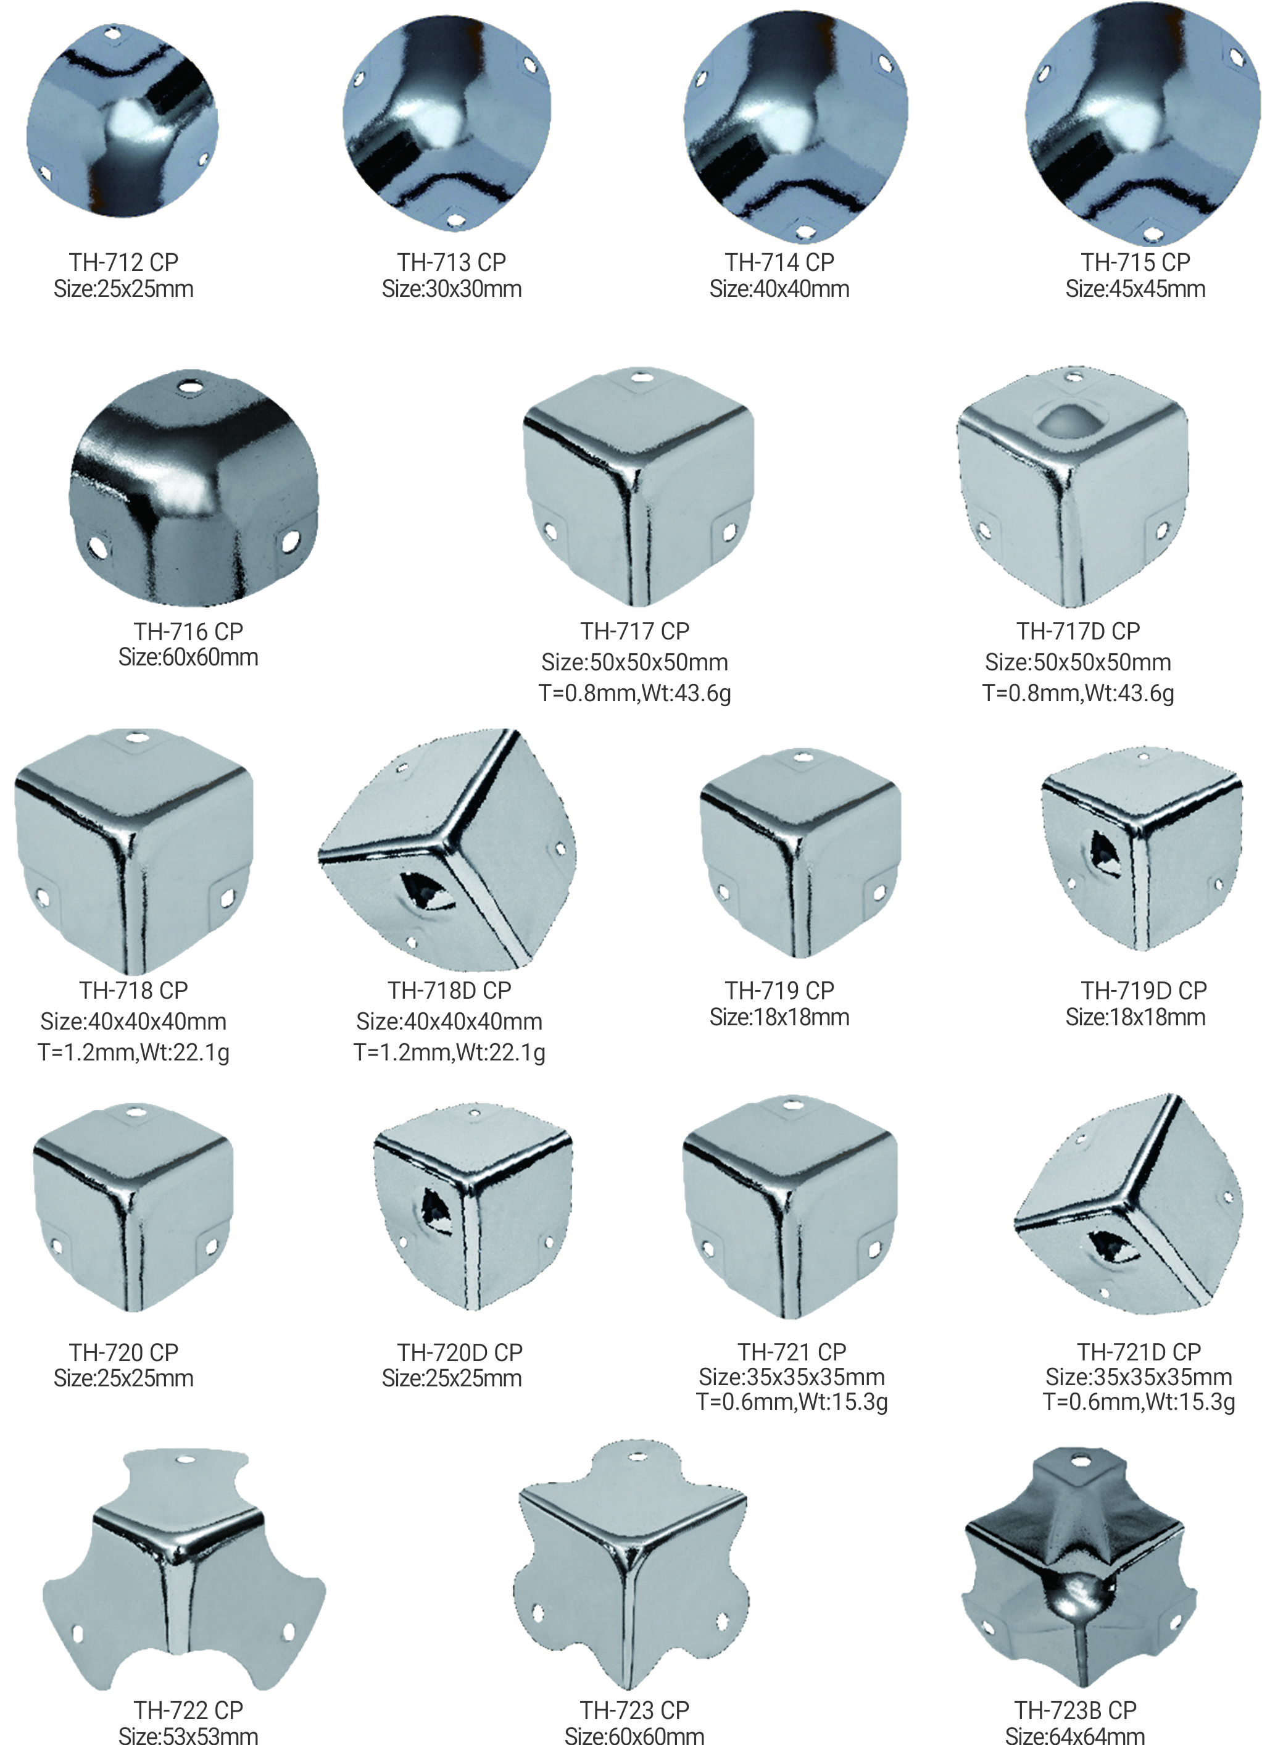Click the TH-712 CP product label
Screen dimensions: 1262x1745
(x=123, y=262)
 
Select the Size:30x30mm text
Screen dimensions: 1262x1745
(x=452, y=289)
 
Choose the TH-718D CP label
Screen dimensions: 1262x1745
(x=449, y=990)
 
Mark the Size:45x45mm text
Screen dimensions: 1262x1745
(x=1135, y=289)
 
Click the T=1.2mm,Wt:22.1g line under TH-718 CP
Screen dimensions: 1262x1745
(x=134, y=1052)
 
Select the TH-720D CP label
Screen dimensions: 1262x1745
(x=460, y=1352)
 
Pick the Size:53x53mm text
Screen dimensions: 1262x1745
(x=188, y=1735)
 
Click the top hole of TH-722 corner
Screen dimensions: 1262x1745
(x=185, y=1459)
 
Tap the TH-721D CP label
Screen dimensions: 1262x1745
(x=1139, y=1352)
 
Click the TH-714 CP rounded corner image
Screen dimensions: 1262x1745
(x=796, y=127)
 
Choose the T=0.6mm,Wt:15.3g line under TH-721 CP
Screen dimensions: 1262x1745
(x=792, y=1402)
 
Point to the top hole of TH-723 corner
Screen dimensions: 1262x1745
(x=637, y=1457)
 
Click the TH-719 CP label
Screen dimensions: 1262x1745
(x=779, y=990)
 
